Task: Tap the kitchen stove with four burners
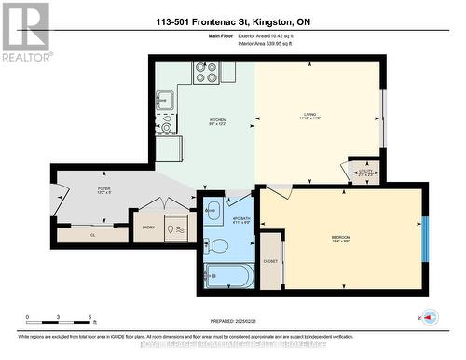[x=206, y=73]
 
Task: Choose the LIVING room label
[x=310, y=116]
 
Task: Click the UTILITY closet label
[x=364, y=170]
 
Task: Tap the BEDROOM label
[x=340, y=238]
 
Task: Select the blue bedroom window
[x=425, y=238]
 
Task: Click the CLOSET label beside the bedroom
[x=271, y=262]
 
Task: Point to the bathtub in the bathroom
[x=227, y=276]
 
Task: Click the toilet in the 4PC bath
[x=212, y=245]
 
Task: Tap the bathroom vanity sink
[x=212, y=210]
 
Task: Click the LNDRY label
[x=147, y=227]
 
